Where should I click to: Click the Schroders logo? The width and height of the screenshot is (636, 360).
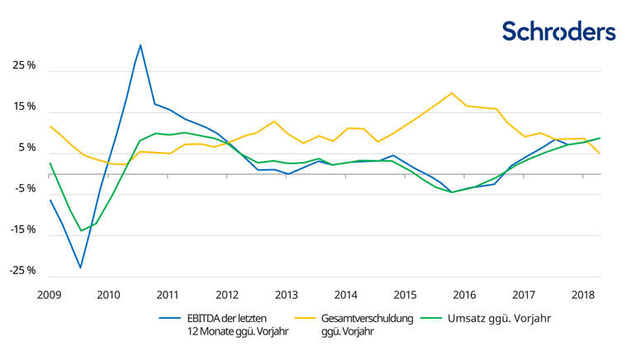pos(559,31)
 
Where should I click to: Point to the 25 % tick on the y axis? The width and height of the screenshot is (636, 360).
pos(24,65)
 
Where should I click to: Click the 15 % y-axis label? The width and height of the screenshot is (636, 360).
pos(24,107)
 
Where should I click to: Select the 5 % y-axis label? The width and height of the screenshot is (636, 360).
pos(26,148)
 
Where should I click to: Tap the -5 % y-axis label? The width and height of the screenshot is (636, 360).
pos(25,188)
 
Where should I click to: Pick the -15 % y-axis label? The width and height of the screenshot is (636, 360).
pos(22,230)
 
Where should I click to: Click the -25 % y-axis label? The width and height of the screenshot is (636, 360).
pos(22,270)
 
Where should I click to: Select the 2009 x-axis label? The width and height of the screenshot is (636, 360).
pos(50,295)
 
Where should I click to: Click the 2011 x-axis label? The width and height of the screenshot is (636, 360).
pos(168,295)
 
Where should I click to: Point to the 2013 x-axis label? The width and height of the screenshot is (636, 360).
pos(287,295)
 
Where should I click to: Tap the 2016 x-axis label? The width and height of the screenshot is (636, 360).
pos(465,295)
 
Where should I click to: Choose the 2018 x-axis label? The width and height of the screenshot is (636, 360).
pos(583,295)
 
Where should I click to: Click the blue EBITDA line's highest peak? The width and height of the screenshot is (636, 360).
pos(140,45)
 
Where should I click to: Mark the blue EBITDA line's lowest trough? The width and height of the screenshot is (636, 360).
pos(80,268)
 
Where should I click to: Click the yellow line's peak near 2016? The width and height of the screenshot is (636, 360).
pos(452,93)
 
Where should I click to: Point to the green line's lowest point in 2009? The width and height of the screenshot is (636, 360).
pos(81,231)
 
